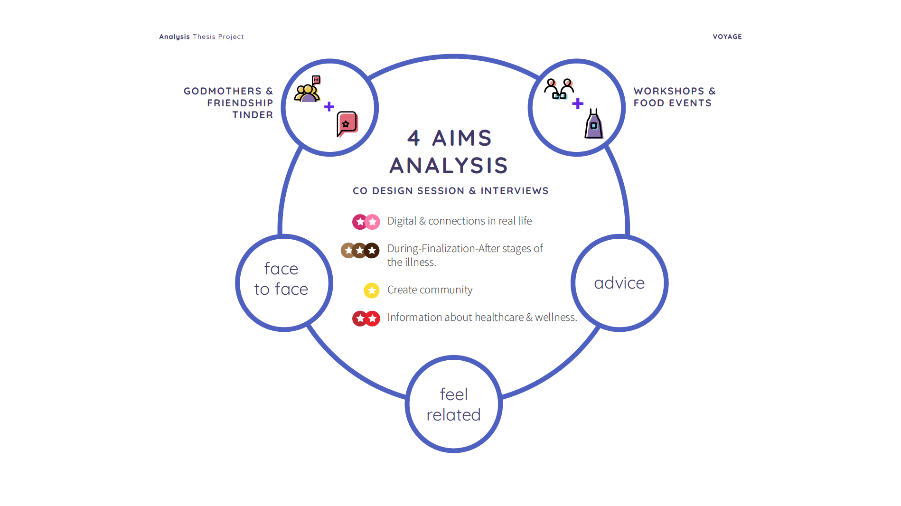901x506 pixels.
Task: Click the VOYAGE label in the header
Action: (x=727, y=37)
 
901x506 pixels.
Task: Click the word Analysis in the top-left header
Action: (x=174, y=37)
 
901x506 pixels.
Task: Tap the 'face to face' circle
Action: (x=284, y=283)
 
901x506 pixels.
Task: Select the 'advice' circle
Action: (x=619, y=283)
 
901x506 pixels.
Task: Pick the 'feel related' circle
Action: (x=454, y=404)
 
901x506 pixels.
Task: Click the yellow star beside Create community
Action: (x=372, y=290)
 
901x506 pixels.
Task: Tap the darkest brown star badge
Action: (x=372, y=250)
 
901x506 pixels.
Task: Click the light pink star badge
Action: (x=373, y=222)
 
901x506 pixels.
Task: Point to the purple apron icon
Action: (x=593, y=124)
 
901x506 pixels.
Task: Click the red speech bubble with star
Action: (x=347, y=124)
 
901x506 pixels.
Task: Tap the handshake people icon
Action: (x=559, y=89)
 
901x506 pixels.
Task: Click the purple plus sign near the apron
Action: (x=578, y=103)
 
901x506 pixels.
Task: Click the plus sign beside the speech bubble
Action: (x=329, y=107)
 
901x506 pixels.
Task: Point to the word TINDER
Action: (x=253, y=115)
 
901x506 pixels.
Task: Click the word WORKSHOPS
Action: (x=669, y=91)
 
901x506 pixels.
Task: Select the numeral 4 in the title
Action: (x=413, y=138)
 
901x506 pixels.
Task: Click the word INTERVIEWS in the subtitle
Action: (x=515, y=191)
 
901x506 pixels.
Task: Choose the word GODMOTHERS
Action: (x=223, y=91)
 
